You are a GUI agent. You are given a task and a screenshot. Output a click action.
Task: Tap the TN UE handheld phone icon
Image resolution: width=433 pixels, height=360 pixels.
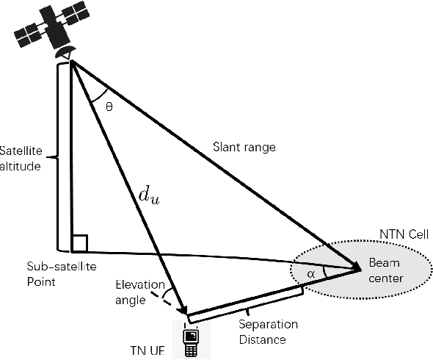pyautogui.click(x=190, y=339)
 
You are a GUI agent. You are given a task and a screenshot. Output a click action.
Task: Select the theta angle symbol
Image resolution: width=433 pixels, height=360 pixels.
pyautogui.click(x=109, y=106)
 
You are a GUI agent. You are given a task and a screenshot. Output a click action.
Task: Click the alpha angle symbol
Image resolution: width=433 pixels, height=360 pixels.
pyautogui.click(x=311, y=273)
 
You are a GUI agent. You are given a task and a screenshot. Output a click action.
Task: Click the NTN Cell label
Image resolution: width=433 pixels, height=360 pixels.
pyautogui.click(x=402, y=234)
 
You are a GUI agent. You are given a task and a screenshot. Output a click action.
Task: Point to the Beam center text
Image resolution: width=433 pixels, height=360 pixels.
pyautogui.click(x=382, y=269)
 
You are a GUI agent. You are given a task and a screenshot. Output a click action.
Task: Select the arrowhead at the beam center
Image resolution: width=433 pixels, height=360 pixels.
pyautogui.click(x=354, y=269)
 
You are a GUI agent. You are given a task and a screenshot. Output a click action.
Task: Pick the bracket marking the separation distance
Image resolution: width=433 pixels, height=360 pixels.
pyautogui.click(x=246, y=305)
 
